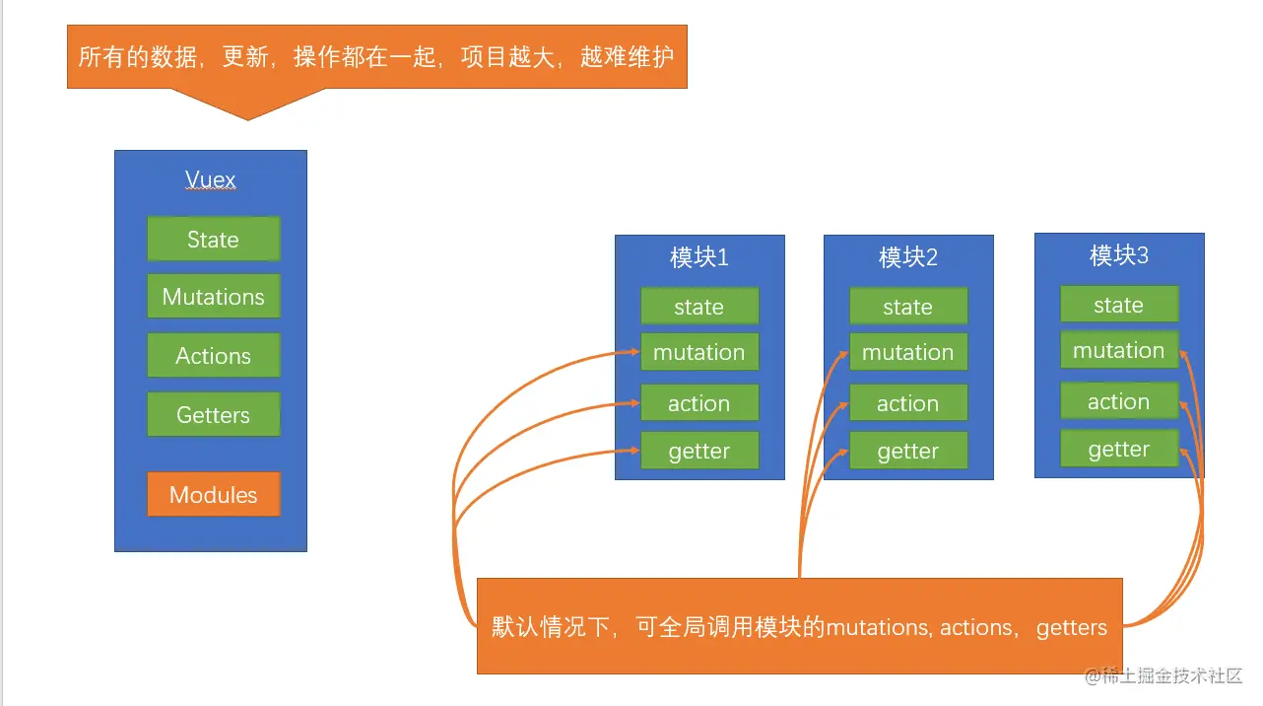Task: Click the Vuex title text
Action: [x=211, y=180]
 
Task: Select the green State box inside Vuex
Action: [x=214, y=240]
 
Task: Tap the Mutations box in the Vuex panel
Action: [x=214, y=297]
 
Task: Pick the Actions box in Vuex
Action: [x=214, y=356]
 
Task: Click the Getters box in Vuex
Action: [x=214, y=415]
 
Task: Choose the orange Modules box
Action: [x=214, y=495]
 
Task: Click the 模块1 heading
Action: [x=699, y=258]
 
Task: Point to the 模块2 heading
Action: [x=908, y=258]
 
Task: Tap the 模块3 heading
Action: [x=1119, y=256]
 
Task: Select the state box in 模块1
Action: [x=699, y=307]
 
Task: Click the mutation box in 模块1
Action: [x=699, y=352]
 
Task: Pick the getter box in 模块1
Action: [x=699, y=452]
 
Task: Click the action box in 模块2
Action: [x=908, y=403]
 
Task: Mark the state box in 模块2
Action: [x=908, y=307]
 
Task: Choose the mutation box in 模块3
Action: [x=1119, y=350]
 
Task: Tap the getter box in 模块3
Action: [x=1119, y=450]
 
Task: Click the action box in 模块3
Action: [x=1119, y=401]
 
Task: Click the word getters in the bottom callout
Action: [x=1072, y=627]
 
